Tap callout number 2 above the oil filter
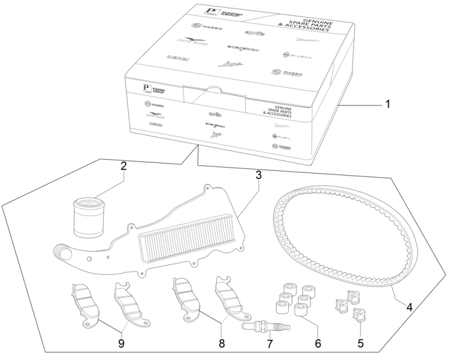(x=124, y=166)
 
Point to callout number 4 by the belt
(x=408, y=307)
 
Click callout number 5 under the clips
(x=361, y=342)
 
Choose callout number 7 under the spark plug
(x=268, y=344)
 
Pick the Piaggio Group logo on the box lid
(x=215, y=12)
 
